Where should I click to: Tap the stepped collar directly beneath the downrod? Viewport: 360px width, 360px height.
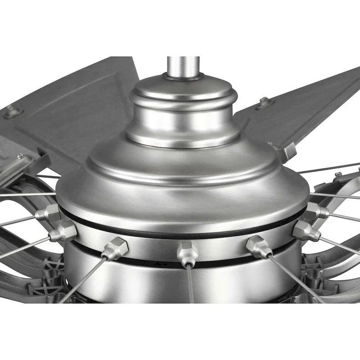point(183,112)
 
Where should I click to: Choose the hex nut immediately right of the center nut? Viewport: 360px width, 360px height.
point(258,246)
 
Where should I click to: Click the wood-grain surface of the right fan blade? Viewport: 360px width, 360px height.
point(310,103)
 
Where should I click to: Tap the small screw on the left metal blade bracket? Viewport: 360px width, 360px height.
point(21,156)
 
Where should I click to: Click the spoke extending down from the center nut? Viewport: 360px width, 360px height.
point(191,283)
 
